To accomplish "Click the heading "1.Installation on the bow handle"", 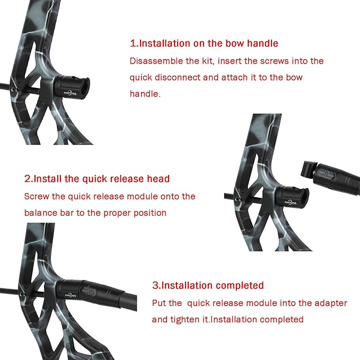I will [204, 43].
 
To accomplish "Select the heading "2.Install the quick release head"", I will [97, 179].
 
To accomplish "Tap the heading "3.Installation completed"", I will [208, 285].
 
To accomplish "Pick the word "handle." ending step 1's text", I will [145, 93].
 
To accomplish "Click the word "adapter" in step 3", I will [330, 303].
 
